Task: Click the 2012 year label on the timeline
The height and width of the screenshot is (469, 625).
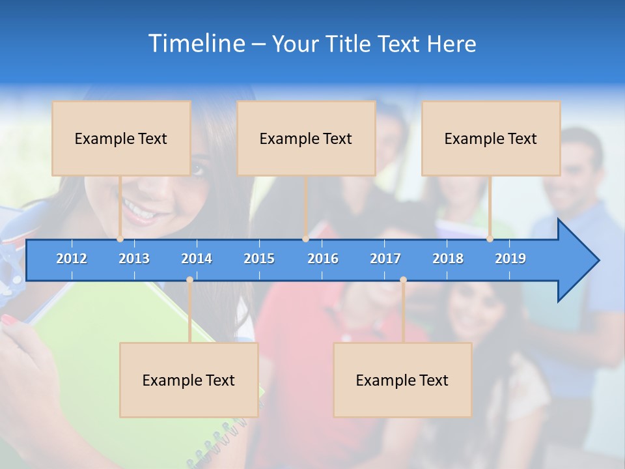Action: point(72,259)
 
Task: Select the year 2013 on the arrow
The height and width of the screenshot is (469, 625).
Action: point(134,259)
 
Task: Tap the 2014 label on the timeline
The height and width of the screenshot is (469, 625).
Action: point(197,259)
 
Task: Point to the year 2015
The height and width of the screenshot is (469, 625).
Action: point(259,259)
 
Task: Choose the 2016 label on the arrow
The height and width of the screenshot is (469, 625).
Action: point(323,259)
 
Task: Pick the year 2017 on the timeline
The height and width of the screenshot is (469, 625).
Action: point(385,259)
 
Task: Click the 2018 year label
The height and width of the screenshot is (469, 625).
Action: point(448,259)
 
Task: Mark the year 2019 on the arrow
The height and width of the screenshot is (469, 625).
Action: point(510,259)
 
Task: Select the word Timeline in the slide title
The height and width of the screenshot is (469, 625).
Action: point(196,44)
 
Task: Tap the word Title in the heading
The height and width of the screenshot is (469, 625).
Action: point(350,44)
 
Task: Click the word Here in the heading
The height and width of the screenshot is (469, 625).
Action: point(451,44)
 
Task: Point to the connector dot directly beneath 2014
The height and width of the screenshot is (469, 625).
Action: point(189,280)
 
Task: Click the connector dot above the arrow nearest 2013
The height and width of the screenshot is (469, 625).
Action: point(120,239)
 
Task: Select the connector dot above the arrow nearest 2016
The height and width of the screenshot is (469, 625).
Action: point(305,239)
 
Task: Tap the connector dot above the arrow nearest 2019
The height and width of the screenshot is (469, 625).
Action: point(490,239)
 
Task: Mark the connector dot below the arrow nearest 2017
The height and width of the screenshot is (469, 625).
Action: point(403,280)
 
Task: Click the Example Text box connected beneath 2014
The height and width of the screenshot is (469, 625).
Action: point(189,380)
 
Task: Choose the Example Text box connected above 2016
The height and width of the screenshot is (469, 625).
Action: point(306,138)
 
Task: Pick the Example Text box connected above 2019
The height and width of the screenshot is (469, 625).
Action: point(491,138)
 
